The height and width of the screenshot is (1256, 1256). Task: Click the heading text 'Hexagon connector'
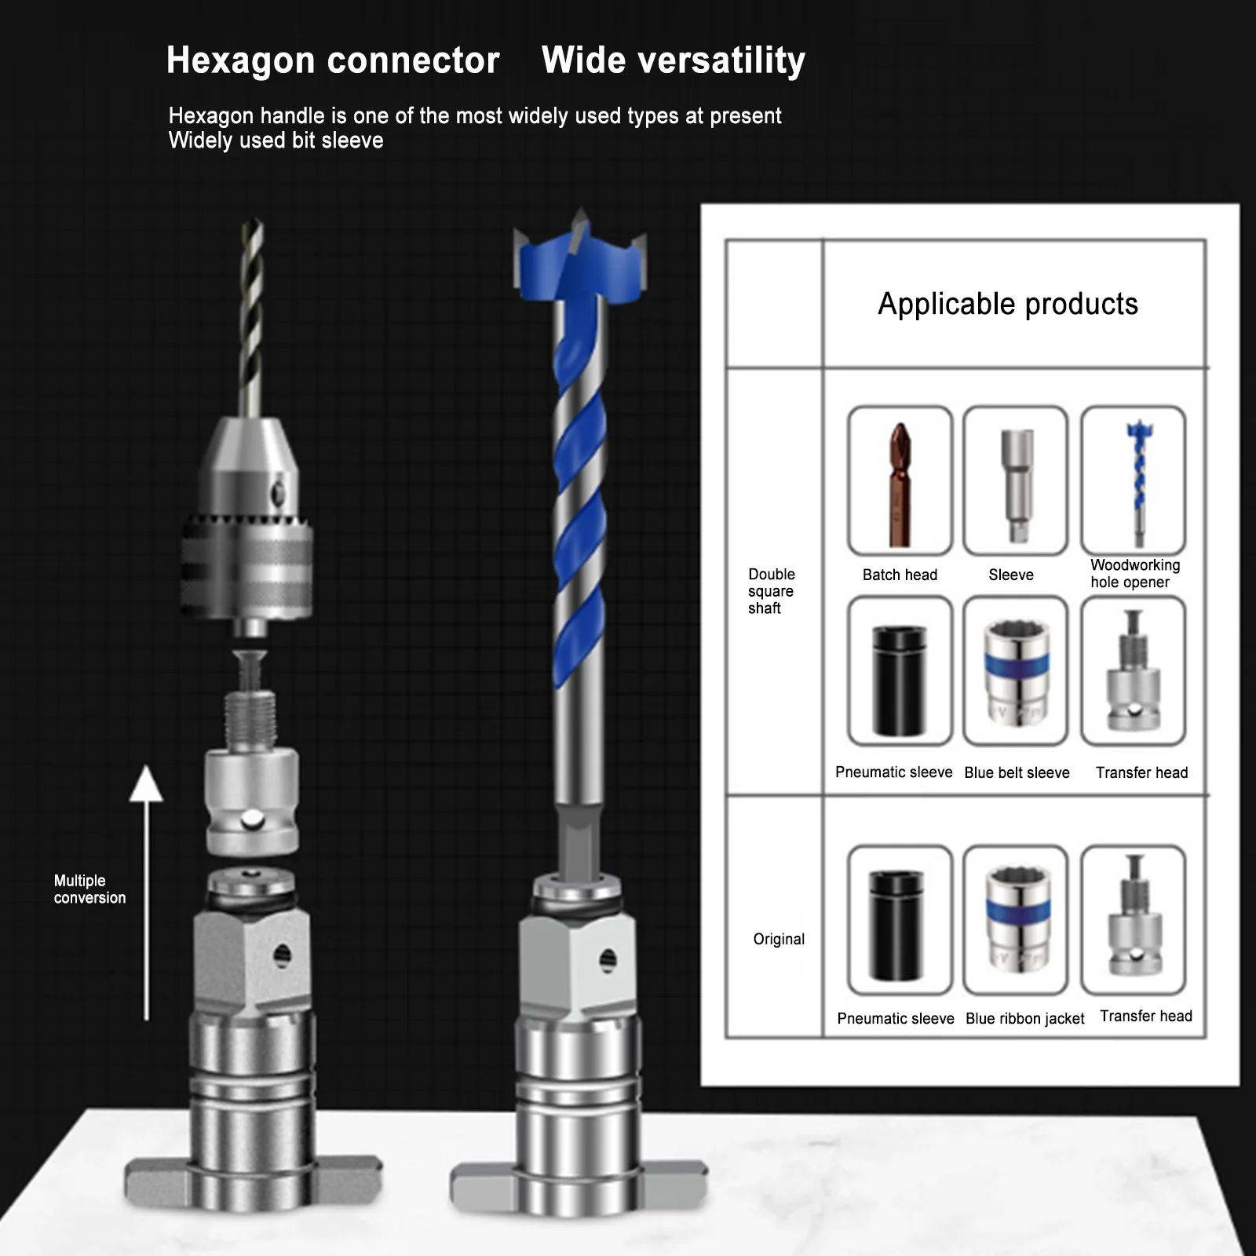tap(333, 61)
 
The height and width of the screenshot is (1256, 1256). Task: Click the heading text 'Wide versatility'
tap(674, 61)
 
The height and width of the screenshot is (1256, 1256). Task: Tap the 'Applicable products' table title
tap(1008, 304)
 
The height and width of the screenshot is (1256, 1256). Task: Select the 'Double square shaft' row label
tap(771, 591)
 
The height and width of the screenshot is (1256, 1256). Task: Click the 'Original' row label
tap(779, 939)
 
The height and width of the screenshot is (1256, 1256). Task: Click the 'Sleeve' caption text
tap(1011, 575)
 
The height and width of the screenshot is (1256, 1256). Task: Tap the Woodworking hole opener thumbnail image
tap(1134, 480)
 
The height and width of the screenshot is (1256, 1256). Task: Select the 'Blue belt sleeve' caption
tap(1017, 772)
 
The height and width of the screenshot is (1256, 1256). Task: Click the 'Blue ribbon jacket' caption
tap(1024, 1018)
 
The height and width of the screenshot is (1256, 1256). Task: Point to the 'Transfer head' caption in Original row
tap(1146, 1016)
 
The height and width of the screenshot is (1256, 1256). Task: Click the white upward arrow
tap(146, 893)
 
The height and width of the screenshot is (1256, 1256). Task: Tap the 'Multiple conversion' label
tap(89, 889)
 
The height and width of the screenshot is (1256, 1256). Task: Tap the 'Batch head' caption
tap(900, 575)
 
